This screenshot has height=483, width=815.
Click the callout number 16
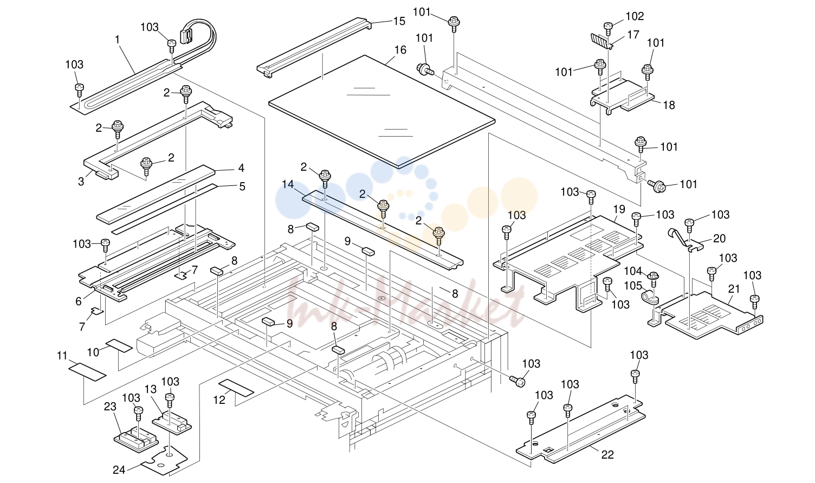coord(400,50)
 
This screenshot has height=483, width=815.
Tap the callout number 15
coord(399,22)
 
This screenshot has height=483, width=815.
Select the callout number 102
coord(635,16)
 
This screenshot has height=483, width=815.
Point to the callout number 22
coord(607,455)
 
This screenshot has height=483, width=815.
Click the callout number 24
coord(119,470)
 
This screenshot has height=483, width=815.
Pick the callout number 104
coord(633,271)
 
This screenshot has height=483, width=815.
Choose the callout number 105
coord(633,286)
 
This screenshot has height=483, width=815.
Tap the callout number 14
coord(288,184)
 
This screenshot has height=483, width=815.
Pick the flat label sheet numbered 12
coord(236,388)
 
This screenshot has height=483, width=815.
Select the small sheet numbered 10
coord(119,346)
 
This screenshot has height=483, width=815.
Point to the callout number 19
coord(619,209)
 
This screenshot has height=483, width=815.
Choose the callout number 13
coord(150,389)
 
